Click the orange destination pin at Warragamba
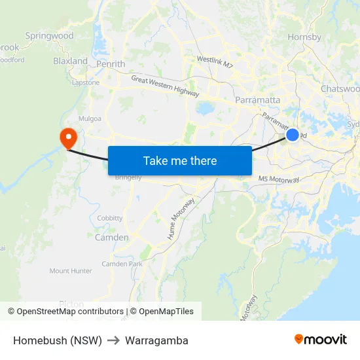coord(67,137)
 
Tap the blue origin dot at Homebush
coord(293,135)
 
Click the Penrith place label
coord(111,64)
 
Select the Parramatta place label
coord(258,100)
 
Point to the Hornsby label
coord(304,37)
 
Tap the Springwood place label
coord(49,36)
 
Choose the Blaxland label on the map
coord(70,61)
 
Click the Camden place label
coord(112,238)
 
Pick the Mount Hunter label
coord(71,270)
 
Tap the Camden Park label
coord(122,264)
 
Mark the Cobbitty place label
coord(109,218)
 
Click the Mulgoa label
coord(90,119)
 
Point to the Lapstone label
coord(86,83)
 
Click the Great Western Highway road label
coord(165,86)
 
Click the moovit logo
coord(321,340)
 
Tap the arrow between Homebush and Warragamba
coord(113,341)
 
